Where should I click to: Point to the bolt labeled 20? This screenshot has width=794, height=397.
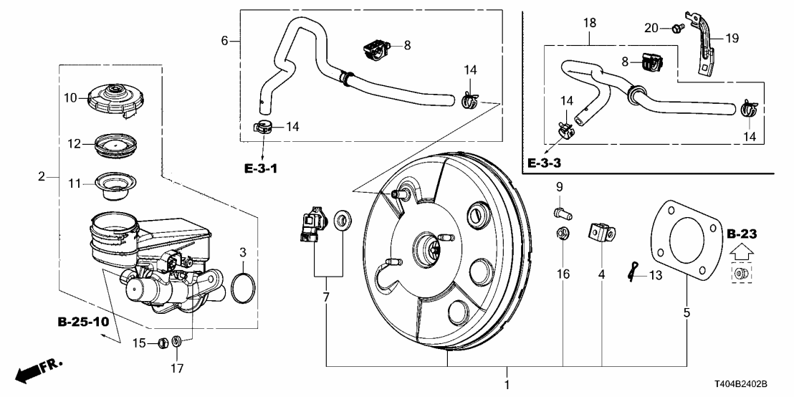point(676,28)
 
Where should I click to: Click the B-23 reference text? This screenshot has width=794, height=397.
point(740,234)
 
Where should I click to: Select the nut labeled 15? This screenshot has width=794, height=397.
point(163,343)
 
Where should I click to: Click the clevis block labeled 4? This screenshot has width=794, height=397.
point(601,233)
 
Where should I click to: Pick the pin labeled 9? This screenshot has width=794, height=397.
point(561,212)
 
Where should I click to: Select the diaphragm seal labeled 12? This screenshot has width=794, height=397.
point(112,145)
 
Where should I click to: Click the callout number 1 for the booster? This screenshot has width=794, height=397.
point(507,385)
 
